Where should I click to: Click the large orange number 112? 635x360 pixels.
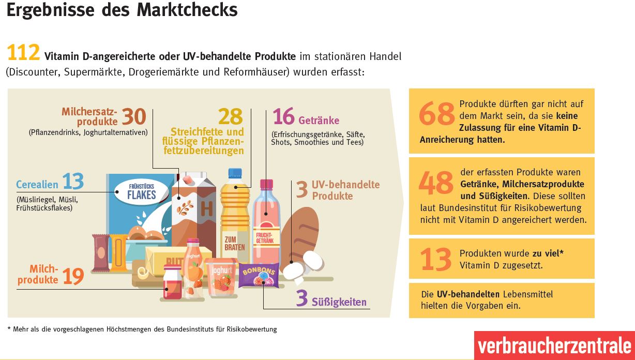point(23,54)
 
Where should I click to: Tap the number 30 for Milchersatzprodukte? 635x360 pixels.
point(134,116)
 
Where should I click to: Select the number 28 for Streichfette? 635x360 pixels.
point(230,117)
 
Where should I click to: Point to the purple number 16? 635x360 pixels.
point(283,117)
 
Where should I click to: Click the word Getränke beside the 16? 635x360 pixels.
point(319,121)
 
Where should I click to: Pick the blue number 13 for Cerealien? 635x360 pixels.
point(73,182)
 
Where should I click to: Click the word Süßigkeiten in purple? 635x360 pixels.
point(339,302)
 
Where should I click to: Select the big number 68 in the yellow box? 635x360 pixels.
point(436,114)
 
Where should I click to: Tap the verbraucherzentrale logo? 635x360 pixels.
point(554,346)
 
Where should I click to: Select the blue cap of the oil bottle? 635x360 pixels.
point(235,173)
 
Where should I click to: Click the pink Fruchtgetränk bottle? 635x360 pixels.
point(267,228)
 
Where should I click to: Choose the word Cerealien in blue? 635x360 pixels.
point(38,185)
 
